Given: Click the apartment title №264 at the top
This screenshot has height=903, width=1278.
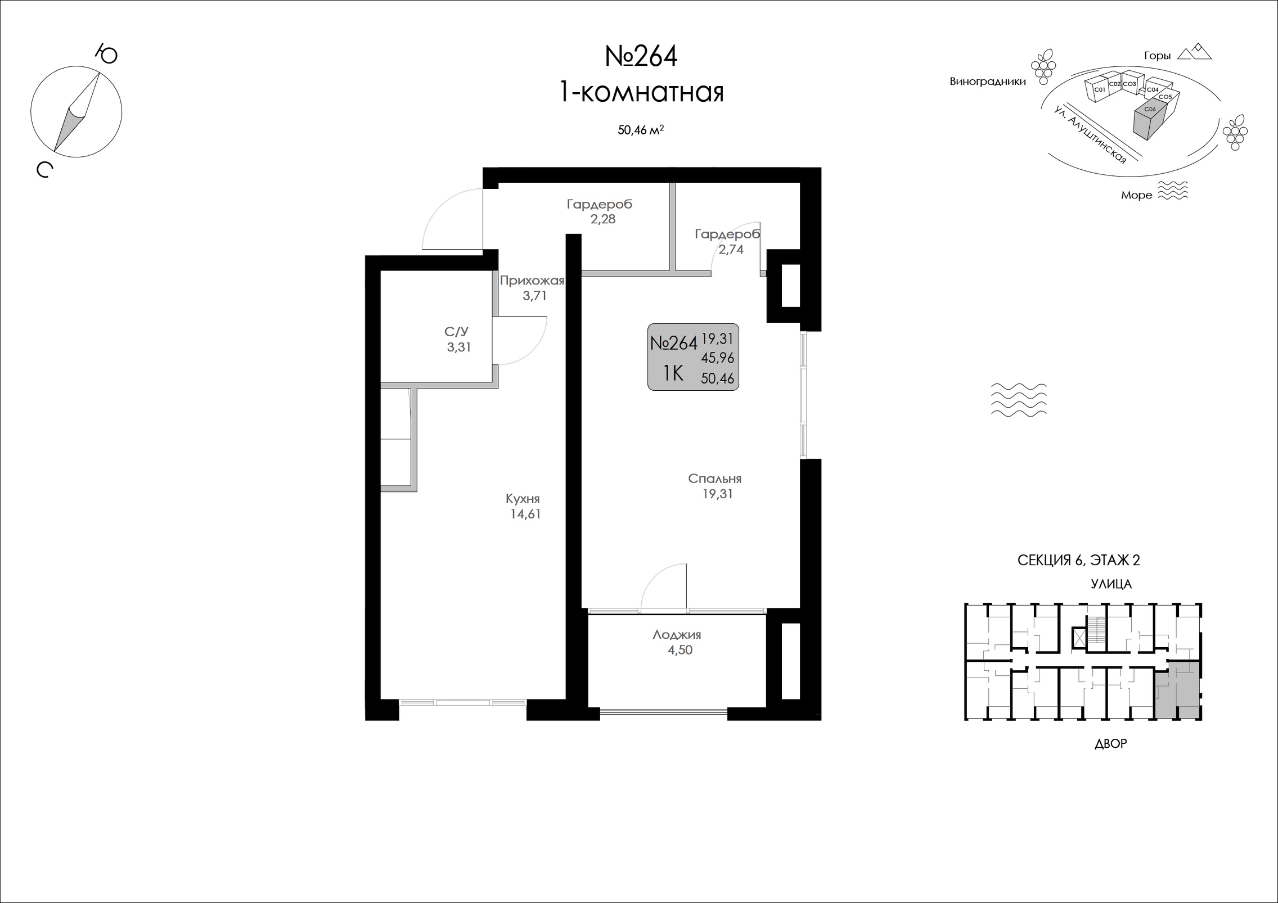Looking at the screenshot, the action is point(641,56).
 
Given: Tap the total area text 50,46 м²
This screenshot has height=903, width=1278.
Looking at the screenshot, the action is point(641,130).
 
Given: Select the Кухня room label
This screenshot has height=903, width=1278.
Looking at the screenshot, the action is point(523,499).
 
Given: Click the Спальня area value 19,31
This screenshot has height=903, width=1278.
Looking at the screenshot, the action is point(717,494).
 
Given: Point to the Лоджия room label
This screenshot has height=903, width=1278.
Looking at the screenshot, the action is point(677,635).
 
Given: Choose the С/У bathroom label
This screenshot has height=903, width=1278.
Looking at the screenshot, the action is point(456,332).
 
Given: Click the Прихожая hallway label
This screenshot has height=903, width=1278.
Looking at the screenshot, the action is point(532,280).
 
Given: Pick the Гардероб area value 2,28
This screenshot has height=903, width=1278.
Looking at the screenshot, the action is point(603,219).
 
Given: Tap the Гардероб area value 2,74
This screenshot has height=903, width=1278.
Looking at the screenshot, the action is point(731,249).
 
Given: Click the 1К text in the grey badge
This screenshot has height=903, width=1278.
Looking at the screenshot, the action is point(673,373).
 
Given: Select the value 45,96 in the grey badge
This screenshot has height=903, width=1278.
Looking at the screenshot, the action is point(718,358).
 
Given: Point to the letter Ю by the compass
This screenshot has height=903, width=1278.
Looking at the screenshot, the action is point(106,55).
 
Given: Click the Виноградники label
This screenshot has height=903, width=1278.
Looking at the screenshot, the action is point(988,82).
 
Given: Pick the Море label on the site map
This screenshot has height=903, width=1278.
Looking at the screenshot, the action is point(1137,195).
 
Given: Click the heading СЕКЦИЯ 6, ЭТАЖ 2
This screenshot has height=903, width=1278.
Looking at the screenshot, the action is point(1079,560).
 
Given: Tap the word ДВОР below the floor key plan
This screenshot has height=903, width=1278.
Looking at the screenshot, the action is point(1110,743).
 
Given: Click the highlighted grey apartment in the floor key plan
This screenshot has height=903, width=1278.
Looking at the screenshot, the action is point(1178,690).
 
